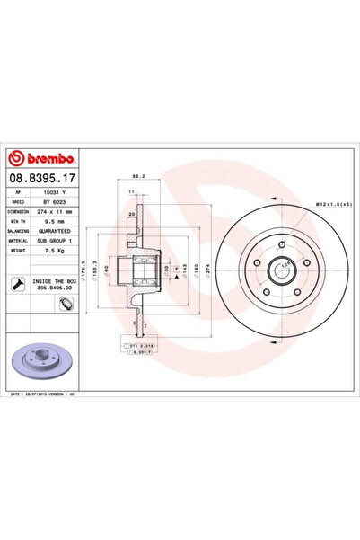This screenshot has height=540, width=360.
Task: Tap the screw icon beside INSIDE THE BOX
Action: pos(19,285)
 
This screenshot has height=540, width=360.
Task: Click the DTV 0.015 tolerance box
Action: pos(137,343)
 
